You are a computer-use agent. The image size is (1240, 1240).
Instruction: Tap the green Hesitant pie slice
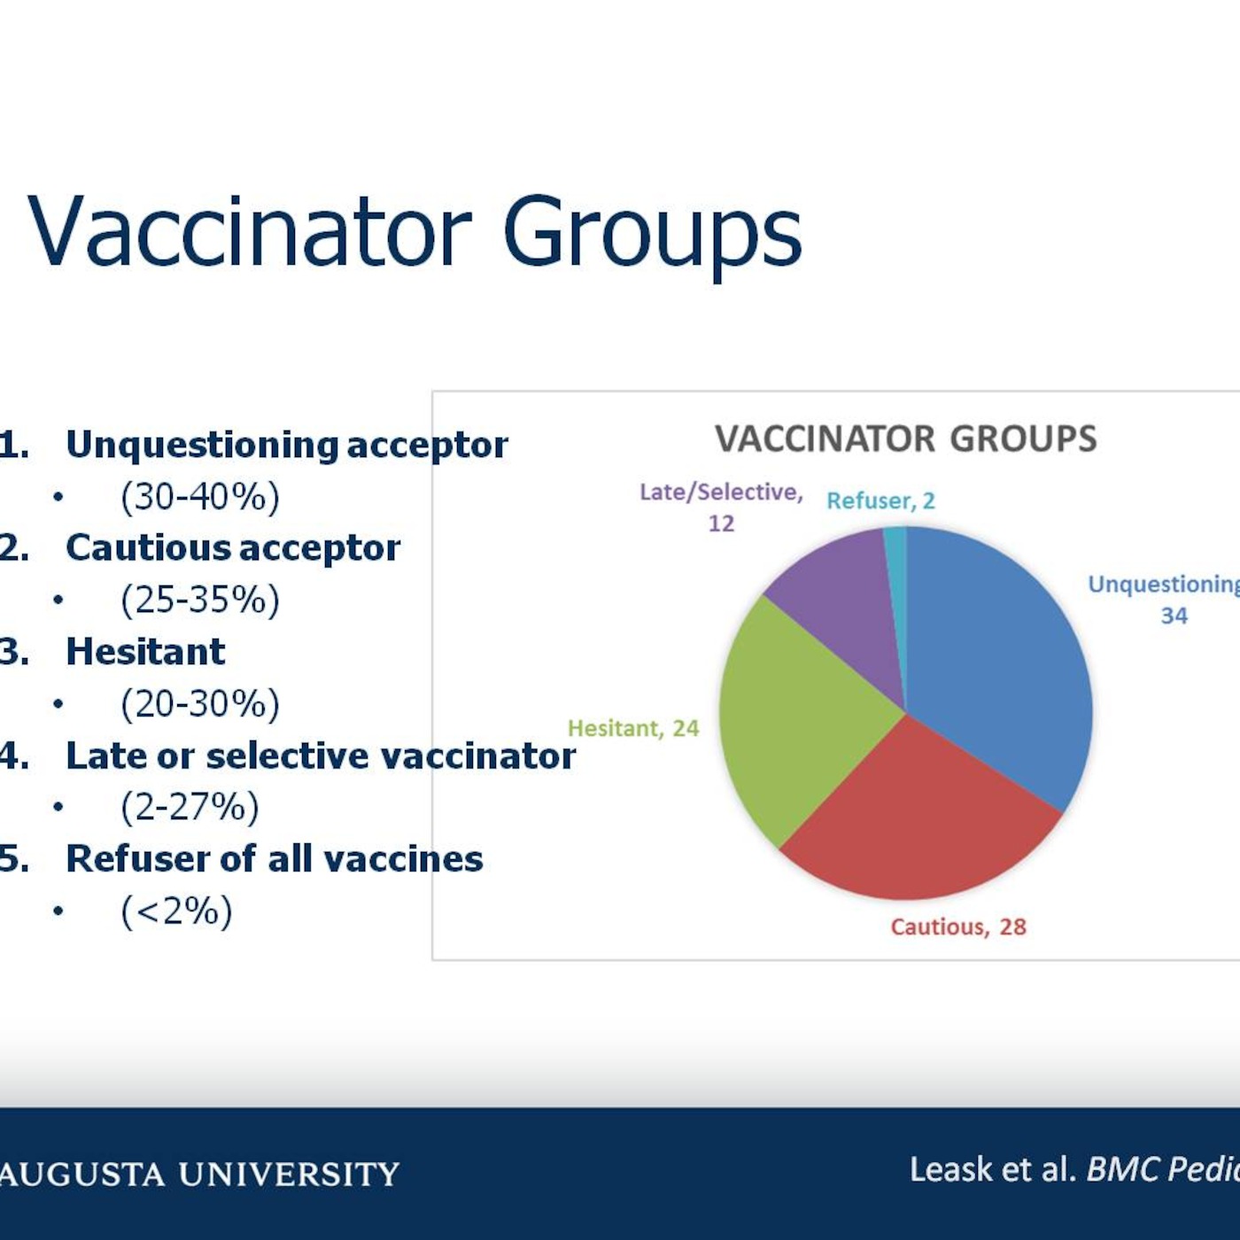coord(798,721)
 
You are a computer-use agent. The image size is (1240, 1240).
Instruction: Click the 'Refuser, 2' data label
coord(880,500)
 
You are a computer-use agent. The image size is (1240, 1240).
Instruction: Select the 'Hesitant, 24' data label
coord(633,728)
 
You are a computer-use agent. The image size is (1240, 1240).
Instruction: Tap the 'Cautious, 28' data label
coord(958,926)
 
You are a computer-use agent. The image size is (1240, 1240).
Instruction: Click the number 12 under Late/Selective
coord(721,523)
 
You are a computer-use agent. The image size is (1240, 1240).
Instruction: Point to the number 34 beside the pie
coord(1174,616)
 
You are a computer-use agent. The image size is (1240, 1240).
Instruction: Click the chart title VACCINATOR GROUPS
coord(905,438)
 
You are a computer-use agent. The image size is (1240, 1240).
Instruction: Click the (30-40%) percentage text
coord(200,497)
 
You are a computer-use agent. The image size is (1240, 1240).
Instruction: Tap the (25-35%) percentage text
coord(200,600)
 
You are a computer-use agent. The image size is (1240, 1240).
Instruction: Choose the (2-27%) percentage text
coord(190,807)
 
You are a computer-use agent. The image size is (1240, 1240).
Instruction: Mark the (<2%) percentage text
coord(176,911)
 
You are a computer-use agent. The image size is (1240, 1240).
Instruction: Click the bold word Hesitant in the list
coord(145,651)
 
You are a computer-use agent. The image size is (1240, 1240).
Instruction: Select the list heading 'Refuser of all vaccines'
coord(274,858)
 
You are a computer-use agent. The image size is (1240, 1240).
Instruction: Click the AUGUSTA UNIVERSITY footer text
coord(199,1174)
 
